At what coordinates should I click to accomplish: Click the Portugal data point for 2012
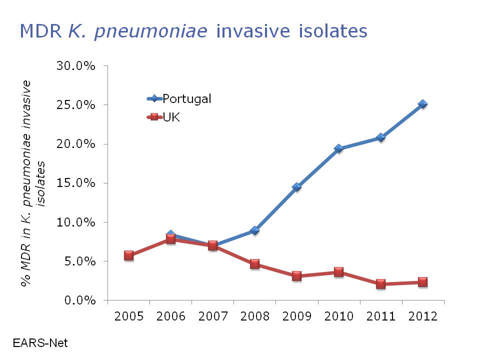(x=422, y=104)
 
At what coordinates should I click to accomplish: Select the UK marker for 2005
(x=128, y=255)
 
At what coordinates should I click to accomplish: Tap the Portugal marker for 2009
(x=296, y=187)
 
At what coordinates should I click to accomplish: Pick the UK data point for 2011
(x=380, y=284)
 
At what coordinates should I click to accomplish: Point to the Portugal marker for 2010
(x=338, y=148)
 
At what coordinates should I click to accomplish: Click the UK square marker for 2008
(x=254, y=264)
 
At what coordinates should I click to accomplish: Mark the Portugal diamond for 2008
(x=254, y=230)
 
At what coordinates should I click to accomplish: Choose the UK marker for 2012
(x=422, y=282)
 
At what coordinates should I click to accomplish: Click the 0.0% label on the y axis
(x=79, y=300)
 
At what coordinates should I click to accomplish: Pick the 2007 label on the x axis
(x=212, y=316)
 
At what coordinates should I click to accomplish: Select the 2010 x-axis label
(x=338, y=316)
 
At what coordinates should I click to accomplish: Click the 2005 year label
(x=128, y=316)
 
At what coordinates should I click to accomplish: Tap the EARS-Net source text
(x=40, y=343)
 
